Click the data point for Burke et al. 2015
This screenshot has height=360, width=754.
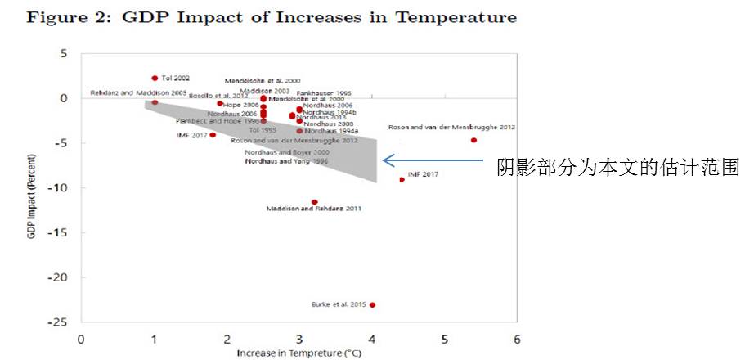point(372,304)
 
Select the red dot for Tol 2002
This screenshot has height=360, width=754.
point(154,78)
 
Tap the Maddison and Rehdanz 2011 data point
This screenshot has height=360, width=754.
point(315,201)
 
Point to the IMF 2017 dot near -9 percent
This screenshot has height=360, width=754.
point(402,179)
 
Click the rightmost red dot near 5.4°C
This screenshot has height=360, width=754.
point(473,140)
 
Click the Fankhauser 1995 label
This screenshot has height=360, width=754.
point(324,93)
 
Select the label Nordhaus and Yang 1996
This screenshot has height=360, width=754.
point(286,161)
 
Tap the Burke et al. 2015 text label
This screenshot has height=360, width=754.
point(339,305)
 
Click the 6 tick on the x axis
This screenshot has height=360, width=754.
point(517,339)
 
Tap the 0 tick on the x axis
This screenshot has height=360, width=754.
point(81,339)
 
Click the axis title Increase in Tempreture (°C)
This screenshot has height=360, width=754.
point(298,353)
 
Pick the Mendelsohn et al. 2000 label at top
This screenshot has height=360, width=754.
point(262,81)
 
